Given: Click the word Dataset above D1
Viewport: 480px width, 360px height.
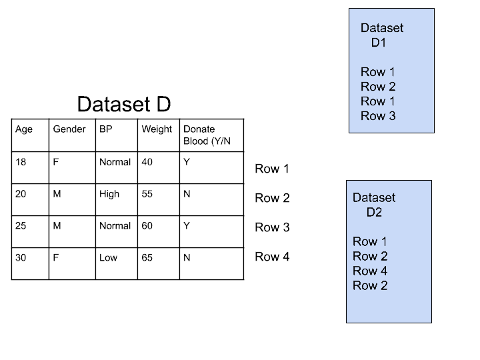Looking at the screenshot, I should [x=382, y=28].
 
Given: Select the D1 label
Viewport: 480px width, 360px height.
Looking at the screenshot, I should [x=379, y=43].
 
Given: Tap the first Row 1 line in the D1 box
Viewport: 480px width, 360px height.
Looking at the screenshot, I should [x=378, y=72].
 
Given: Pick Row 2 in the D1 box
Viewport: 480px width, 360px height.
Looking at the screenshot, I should [x=378, y=87].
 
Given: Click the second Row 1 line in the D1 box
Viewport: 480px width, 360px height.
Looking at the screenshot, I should [x=378, y=101].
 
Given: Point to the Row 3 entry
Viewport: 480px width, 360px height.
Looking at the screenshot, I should [x=378, y=116].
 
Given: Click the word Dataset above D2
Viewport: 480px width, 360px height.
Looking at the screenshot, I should [x=374, y=197].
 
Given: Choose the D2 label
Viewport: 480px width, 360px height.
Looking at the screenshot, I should [x=374, y=213].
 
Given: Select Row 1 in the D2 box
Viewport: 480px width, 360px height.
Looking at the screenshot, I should [x=370, y=241].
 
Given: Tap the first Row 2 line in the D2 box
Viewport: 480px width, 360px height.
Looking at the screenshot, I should [x=370, y=256].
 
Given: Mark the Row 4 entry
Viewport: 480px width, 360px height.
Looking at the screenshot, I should [x=370, y=271].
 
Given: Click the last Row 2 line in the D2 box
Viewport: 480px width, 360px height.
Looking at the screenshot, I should [x=370, y=285].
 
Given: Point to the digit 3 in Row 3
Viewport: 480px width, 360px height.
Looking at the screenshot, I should [x=392, y=116].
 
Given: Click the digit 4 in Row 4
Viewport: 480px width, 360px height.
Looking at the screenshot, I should [x=384, y=271].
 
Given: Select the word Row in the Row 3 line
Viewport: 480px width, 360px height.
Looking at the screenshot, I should [x=373, y=116].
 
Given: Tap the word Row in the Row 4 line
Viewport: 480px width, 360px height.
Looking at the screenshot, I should [x=365, y=271].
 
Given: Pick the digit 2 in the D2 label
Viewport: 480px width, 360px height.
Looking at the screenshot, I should [x=378, y=213].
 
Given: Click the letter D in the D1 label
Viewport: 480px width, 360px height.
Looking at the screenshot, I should [x=375, y=43].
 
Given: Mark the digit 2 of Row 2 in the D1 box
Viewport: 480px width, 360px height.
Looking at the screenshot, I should [x=392, y=87].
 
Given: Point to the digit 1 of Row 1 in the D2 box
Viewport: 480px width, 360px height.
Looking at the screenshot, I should [x=384, y=241].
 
